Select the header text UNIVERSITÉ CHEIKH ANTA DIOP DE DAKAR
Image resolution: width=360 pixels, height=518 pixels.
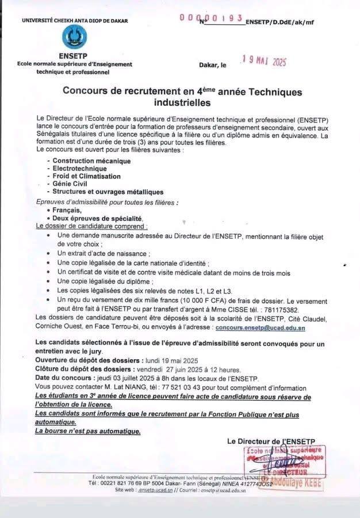[x=75, y=21]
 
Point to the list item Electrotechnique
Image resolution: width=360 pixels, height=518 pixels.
[x=79, y=169]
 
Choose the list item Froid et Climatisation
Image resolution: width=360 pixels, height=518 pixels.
[x=87, y=176]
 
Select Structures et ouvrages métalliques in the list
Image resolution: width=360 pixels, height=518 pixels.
[x=108, y=192]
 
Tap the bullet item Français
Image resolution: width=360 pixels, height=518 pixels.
[x=67, y=211]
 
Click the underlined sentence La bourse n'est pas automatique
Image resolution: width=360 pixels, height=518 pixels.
[x=87, y=431]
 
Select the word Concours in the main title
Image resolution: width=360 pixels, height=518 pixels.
[x=88, y=92]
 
